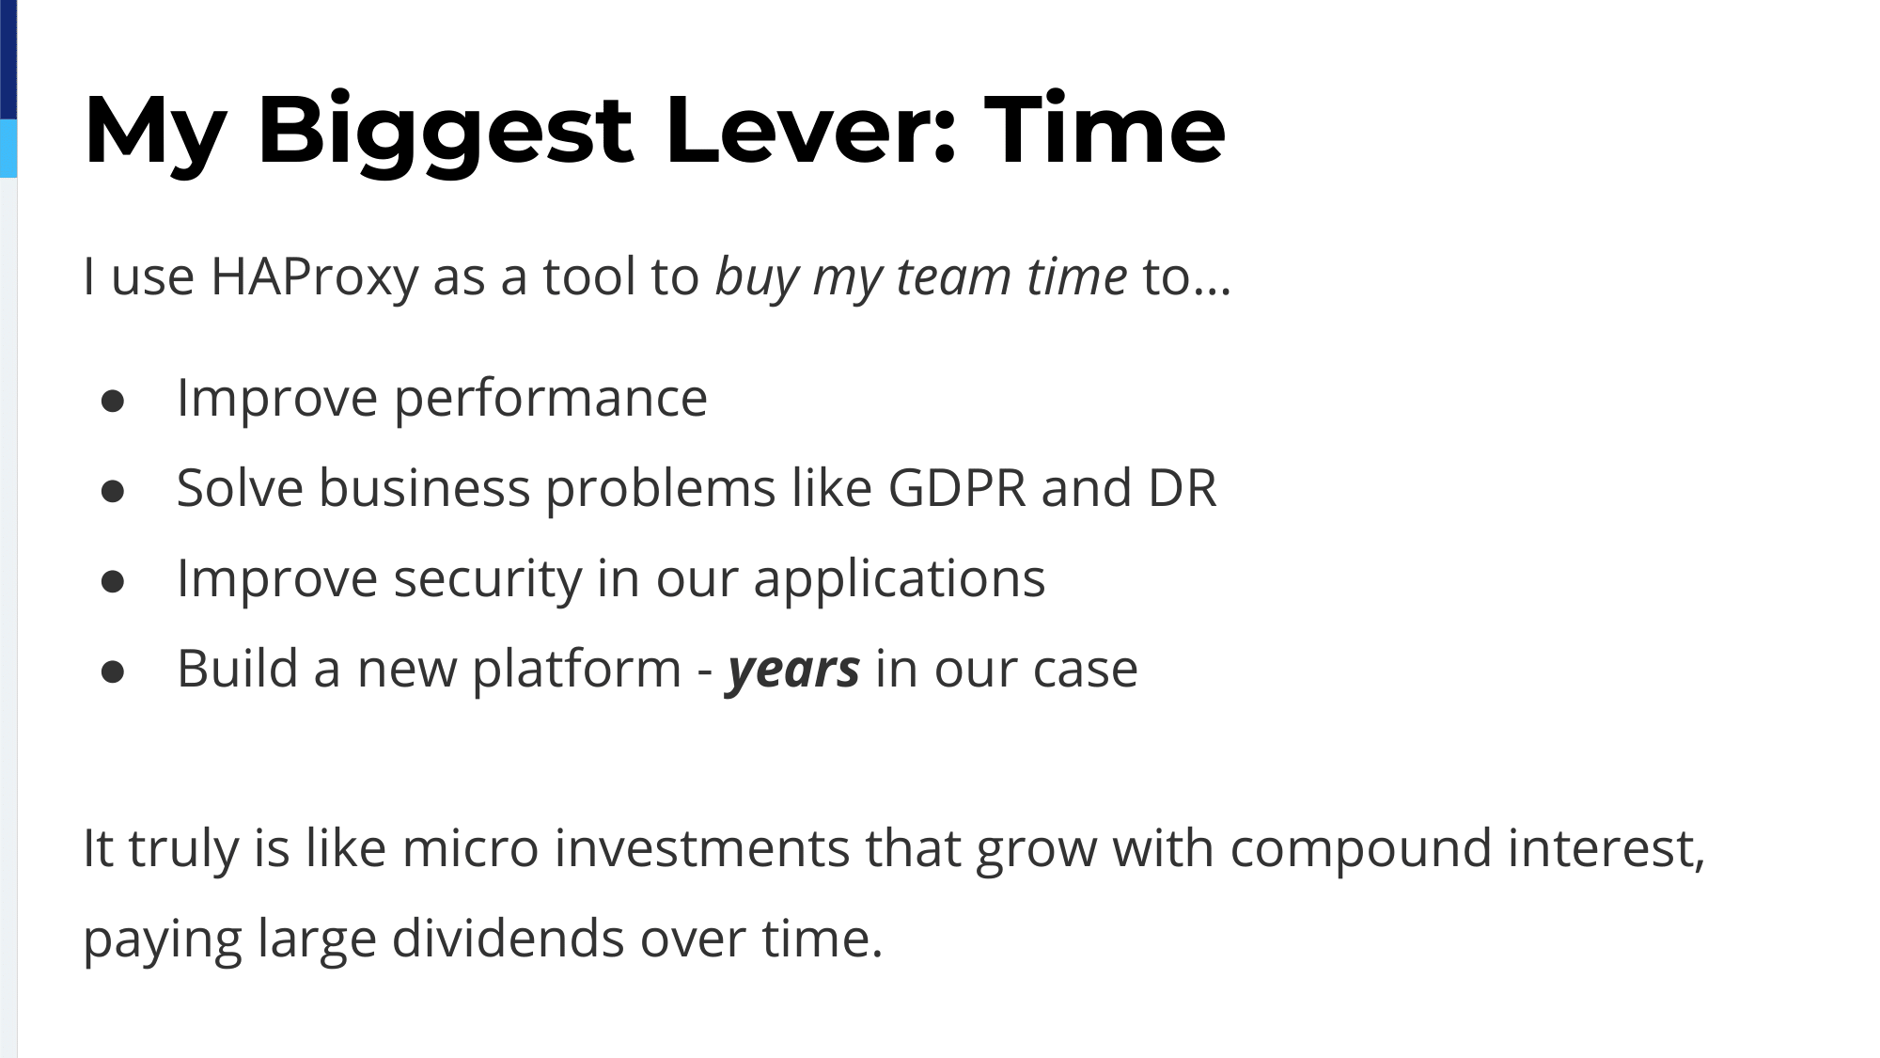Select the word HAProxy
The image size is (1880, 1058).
314,277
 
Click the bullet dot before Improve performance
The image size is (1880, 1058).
113,402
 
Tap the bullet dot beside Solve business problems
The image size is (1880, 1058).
113,492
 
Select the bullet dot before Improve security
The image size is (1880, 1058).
113,582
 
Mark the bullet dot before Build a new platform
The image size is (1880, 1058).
113,672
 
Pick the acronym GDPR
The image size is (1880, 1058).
957,488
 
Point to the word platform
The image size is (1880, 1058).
576,669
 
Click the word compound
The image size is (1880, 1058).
1361,849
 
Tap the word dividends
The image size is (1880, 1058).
508,938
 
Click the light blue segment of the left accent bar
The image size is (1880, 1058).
8,148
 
